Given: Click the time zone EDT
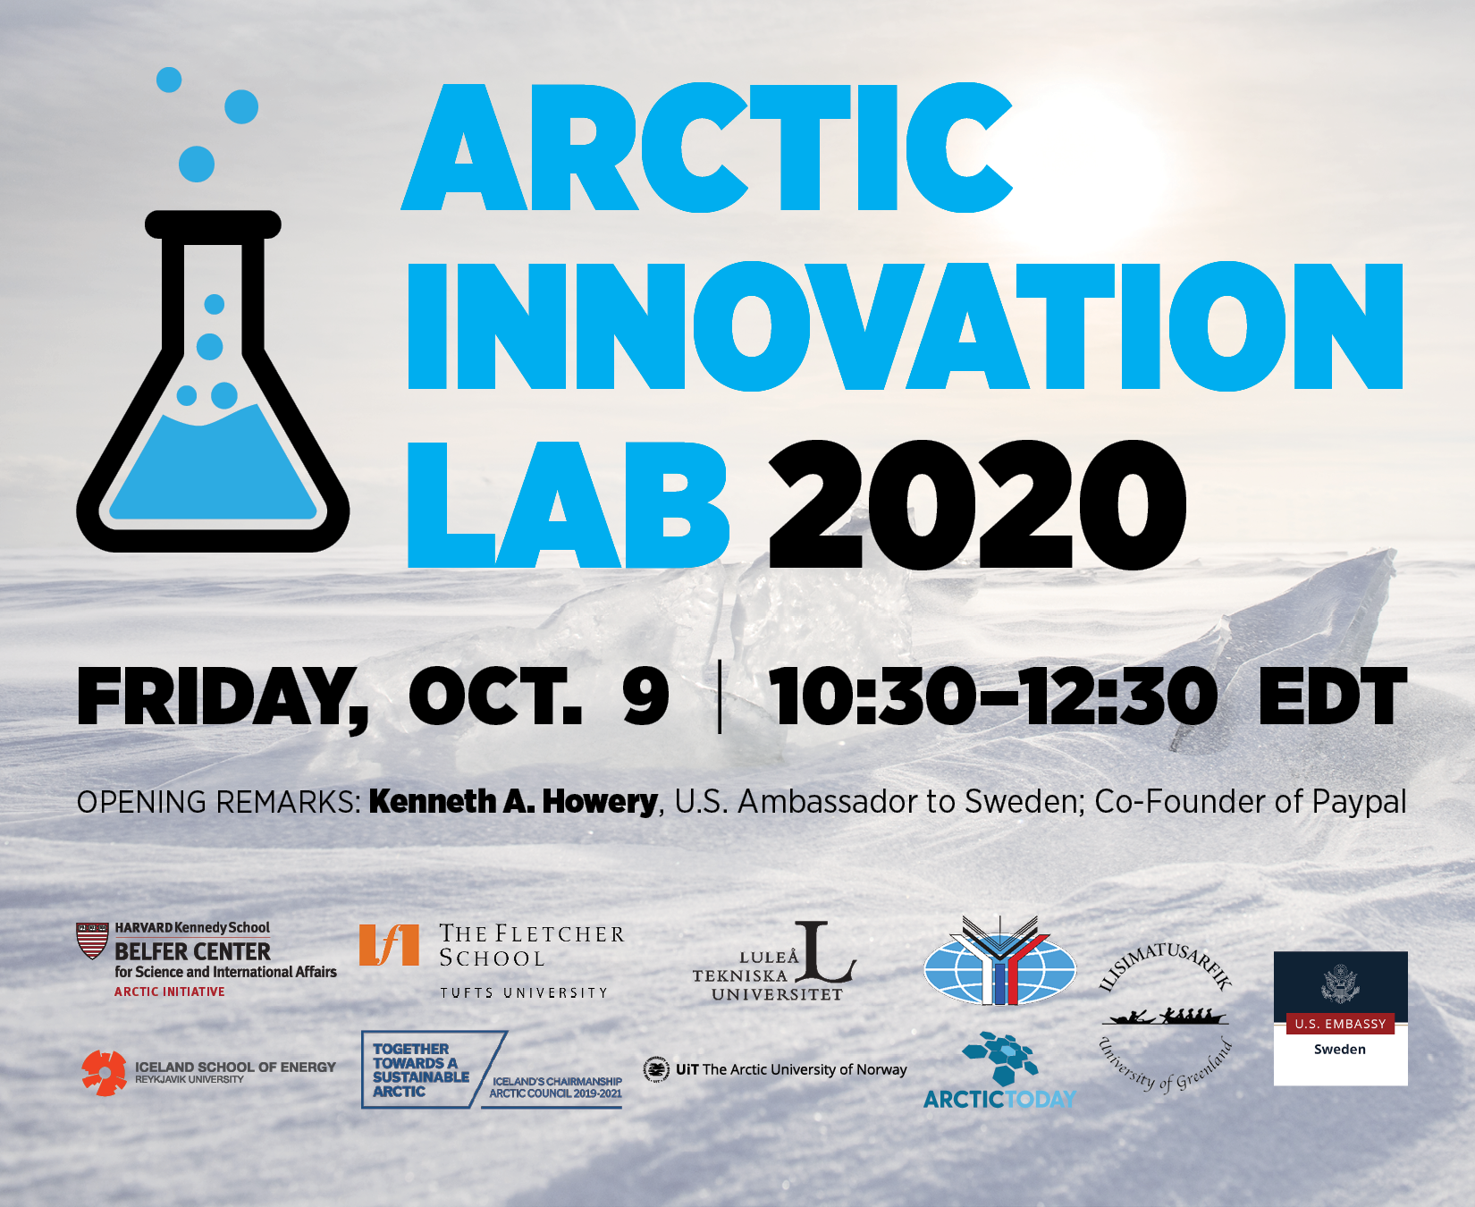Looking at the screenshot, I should pos(1332,697).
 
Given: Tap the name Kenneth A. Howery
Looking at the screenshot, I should pos(513,801).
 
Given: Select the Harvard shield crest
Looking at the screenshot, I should pos(92,941).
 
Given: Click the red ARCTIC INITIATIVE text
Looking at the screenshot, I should pos(169,992).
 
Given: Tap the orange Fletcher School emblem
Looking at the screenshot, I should pos(388,945).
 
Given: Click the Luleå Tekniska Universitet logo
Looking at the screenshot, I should pos(774,964).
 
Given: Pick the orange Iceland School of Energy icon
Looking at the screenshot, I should pos(105,1073).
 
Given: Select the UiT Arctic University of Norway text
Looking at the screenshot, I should pos(790,1069).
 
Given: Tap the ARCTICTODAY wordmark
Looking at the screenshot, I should pos(999,1099).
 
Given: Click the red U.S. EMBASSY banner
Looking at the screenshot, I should pos(1340,1024).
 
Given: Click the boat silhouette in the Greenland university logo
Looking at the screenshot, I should pos(1165,1017).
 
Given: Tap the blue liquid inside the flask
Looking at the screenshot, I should pos(213,469).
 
